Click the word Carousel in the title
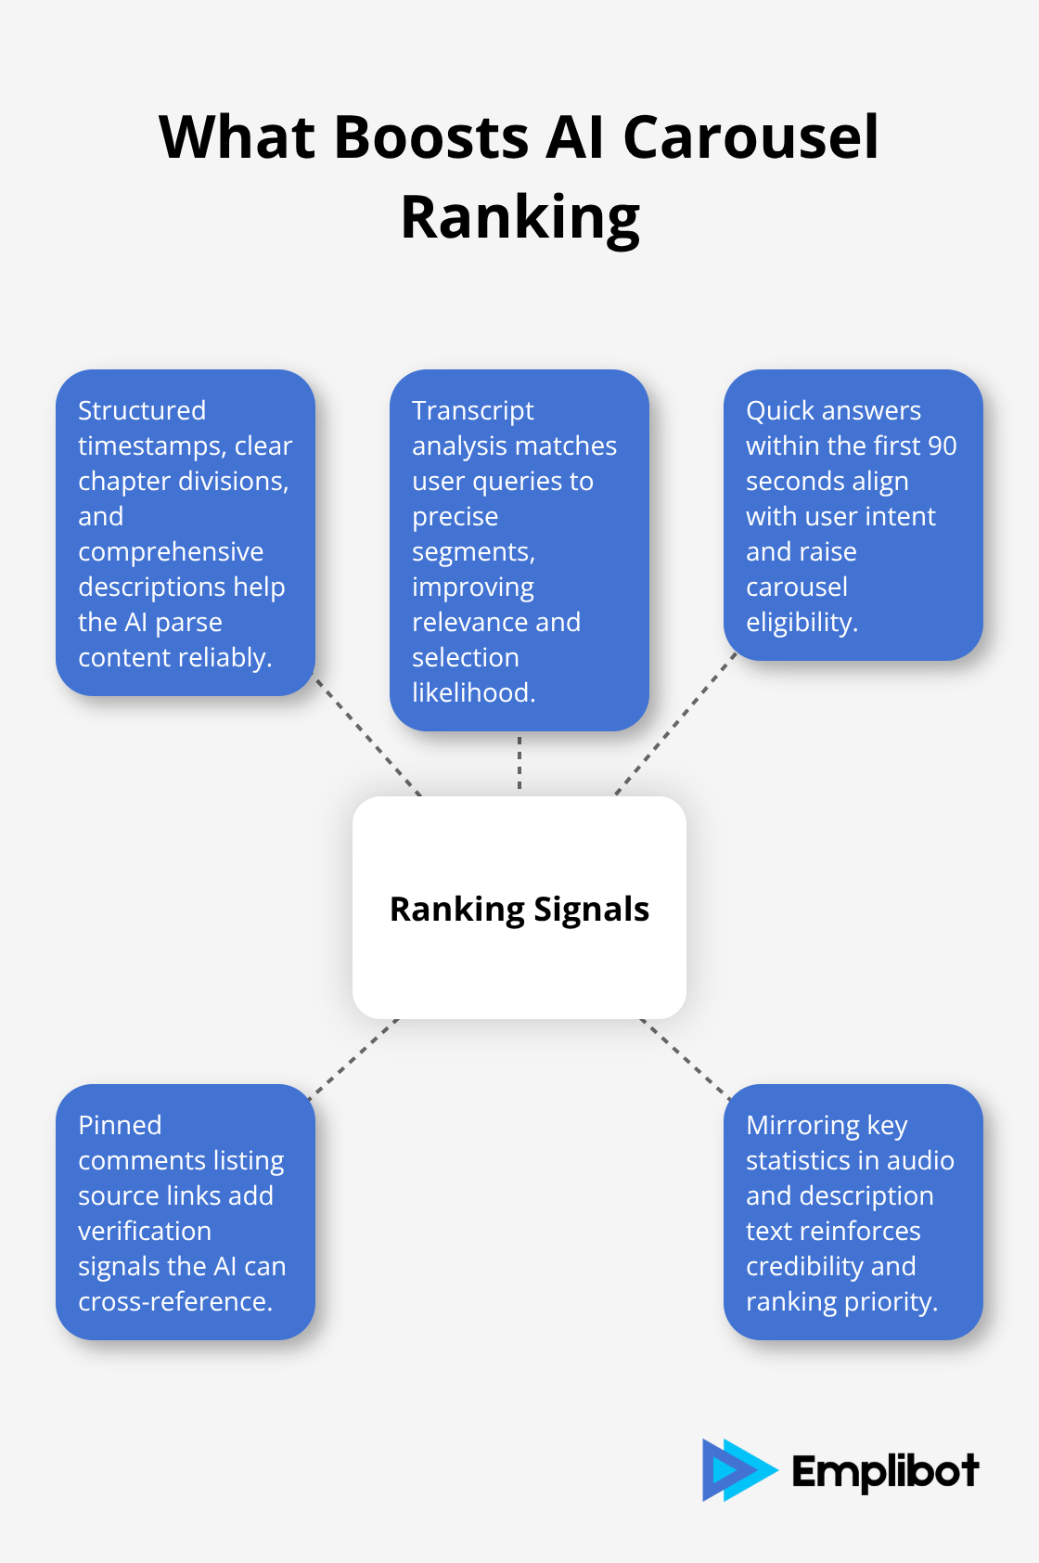(x=750, y=137)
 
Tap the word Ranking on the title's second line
(x=519, y=217)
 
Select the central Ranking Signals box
(x=519, y=908)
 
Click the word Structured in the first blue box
(x=142, y=410)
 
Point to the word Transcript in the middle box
(x=473, y=410)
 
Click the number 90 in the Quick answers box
(x=942, y=446)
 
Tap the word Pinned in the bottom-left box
(x=120, y=1125)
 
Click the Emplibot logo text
(x=884, y=1471)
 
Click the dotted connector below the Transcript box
(x=519, y=763)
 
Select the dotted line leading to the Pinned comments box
(x=354, y=1058)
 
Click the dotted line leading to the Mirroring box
(x=685, y=1058)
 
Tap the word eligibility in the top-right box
(x=801, y=622)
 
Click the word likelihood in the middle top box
(x=473, y=692)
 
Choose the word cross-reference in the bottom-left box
(x=174, y=1301)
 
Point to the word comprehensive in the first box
(x=171, y=551)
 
